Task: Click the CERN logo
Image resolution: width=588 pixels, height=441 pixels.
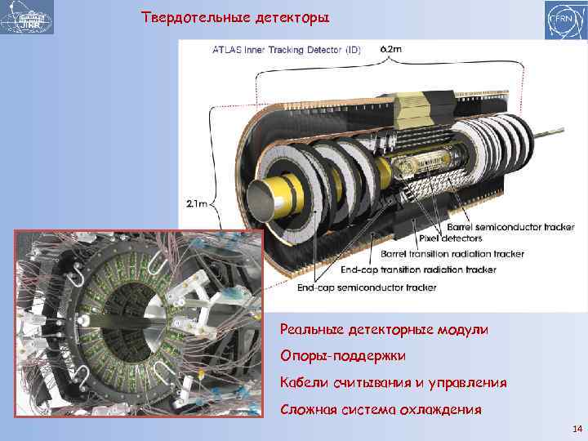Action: [566, 20]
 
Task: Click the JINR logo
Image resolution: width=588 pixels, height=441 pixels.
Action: [27, 17]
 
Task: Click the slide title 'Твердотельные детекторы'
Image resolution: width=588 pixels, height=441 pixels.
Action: [235, 18]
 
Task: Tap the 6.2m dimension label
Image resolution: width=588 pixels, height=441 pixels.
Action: [390, 49]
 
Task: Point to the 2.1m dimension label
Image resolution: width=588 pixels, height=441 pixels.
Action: [197, 203]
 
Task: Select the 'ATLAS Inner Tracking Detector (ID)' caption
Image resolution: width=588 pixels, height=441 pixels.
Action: [287, 50]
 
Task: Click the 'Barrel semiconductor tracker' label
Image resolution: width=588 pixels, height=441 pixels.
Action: [510, 227]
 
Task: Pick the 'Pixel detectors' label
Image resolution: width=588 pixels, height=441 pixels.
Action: [450, 238]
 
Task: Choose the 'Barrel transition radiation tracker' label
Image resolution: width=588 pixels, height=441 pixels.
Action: [452, 254]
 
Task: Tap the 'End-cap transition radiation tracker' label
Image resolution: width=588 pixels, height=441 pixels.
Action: [418, 269]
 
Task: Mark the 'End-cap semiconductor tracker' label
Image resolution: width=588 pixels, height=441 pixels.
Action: [367, 287]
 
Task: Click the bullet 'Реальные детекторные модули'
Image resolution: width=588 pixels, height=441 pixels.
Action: [384, 330]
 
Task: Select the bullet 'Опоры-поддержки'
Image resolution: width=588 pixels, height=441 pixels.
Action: [343, 356]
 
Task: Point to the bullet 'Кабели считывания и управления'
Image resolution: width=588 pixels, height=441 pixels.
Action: [394, 383]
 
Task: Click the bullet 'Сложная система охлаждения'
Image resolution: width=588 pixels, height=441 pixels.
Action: [381, 409]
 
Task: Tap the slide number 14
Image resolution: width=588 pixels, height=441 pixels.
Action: [577, 429]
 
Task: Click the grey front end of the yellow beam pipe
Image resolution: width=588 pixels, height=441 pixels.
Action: [261, 199]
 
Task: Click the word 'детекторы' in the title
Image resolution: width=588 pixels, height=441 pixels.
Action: [292, 18]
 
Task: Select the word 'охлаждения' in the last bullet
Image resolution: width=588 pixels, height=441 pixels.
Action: [440, 410]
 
